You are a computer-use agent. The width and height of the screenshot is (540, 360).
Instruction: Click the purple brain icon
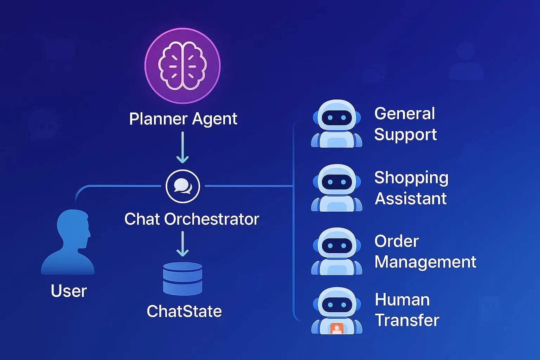pyautogui.click(x=182, y=66)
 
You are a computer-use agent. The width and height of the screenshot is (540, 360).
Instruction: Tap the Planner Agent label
pyautogui.click(x=183, y=119)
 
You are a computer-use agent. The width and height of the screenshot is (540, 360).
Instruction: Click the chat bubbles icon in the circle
pyautogui.click(x=183, y=186)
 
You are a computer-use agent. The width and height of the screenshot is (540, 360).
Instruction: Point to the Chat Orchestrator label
pyautogui.click(x=192, y=219)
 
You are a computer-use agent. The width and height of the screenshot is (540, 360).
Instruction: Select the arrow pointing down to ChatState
pyautogui.click(x=182, y=244)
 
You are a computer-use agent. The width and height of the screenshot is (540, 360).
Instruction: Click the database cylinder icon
pyautogui.click(x=183, y=278)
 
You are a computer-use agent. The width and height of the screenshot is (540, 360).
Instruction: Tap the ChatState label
pyautogui.click(x=184, y=311)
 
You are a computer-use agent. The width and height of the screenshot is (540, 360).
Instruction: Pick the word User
pyautogui.click(x=69, y=291)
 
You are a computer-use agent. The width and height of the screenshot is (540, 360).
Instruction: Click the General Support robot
pyautogui.click(x=336, y=124)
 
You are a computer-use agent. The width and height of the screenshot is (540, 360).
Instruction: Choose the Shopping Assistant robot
pyautogui.click(x=336, y=188)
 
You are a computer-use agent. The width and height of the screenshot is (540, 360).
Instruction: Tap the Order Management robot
pyautogui.click(x=336, y=251)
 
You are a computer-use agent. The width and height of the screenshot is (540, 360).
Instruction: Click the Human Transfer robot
pyautogui.click(x=336, y=311)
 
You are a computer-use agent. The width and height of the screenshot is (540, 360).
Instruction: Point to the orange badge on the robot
pyautogui.click(x=337, y=329)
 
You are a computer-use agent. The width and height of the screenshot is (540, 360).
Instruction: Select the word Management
pyautogui.click(x=425, y=262)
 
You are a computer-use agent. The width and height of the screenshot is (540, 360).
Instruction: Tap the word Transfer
pyautogui.click(x=407, y=320)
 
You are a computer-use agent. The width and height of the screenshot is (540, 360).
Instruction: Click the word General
pyautogui.click(x=405, y=114)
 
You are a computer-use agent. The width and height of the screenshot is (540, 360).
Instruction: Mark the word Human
pyautogui.click(x=402, y=300)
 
